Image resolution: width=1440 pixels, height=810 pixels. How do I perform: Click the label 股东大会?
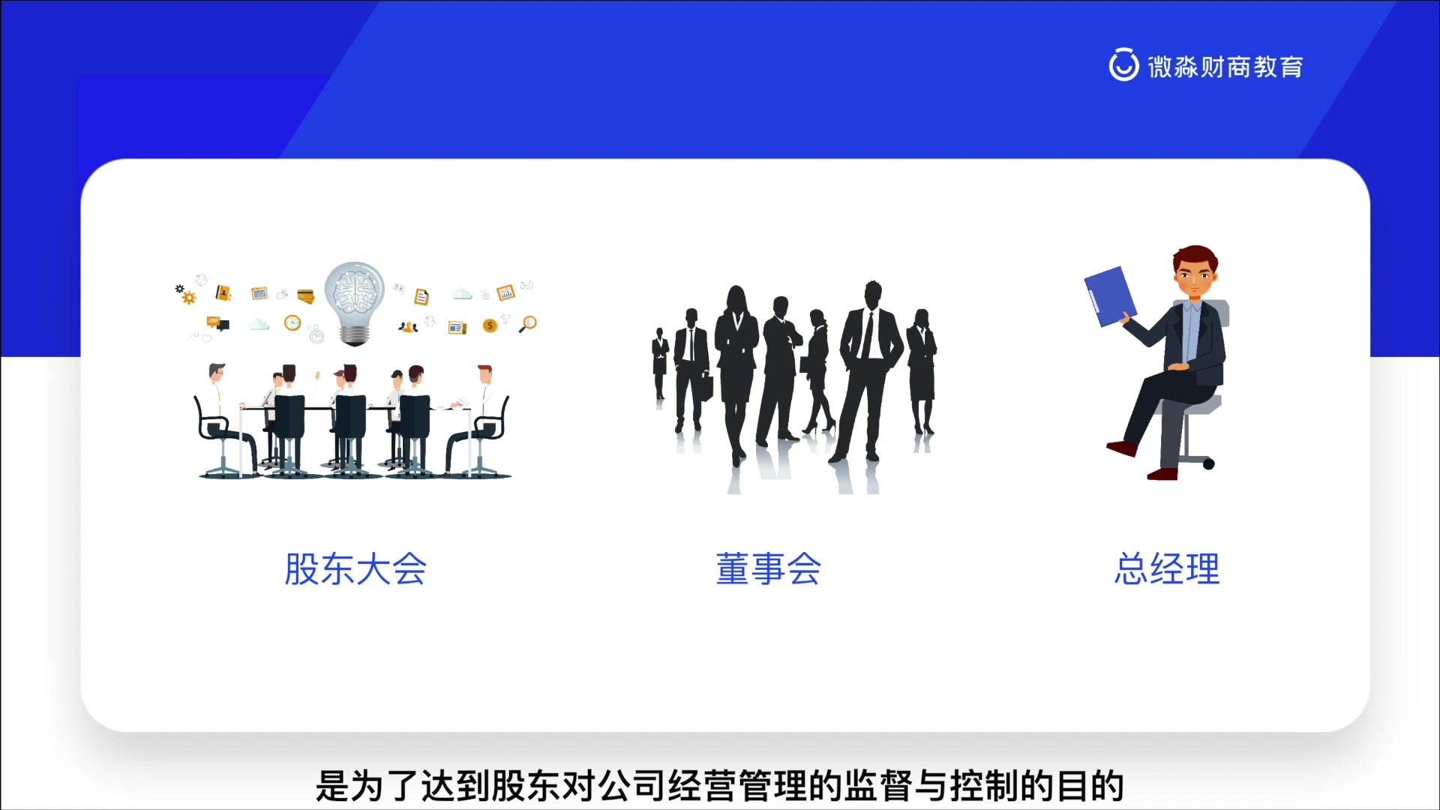pyautogui.click(x=355, y=568)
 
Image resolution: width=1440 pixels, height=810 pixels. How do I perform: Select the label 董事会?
pyautogui.click(x=768, y=568)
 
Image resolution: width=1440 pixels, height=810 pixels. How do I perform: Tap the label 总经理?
pyautogui.click(x=1167, y=568)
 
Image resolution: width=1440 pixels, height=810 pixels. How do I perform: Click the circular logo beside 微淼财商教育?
pyautogui.click(x=1123, y=65)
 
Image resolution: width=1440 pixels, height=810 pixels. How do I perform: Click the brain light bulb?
pyautogui.click(x=355, y=300)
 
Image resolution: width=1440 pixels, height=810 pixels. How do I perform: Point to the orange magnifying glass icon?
pyautogui.click(x=528, y=324)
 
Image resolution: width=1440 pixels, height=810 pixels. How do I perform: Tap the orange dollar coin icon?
pyautogui.click(x=490, y=325)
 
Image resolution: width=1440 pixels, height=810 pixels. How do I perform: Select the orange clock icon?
pyautogui.click(x=292, y=322)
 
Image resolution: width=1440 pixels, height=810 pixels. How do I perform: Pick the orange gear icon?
pyautogui.click(x=189, y=298)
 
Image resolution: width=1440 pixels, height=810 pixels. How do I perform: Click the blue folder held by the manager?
pyautogui.click(x=1109, y=296)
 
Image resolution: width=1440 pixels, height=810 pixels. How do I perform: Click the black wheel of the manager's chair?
pyautogui.click(x=1208, y=464)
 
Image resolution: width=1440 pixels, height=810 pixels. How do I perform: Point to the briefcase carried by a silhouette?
pyautogui.click(x=706, y=386)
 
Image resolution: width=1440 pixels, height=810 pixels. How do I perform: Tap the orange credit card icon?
pyautogui.click(x=305, y=296)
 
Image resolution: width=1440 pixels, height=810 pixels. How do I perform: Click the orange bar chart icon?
pyautogui.click(x=505, y=292)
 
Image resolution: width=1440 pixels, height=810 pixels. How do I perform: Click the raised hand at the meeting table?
pyautogui.click(x=318, y=374)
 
